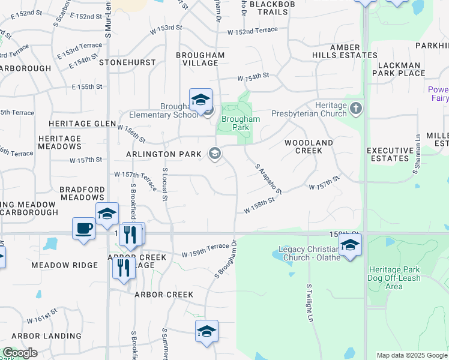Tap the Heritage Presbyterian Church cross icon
point(356,109)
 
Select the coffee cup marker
point(83,228)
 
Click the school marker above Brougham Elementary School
point(200,99)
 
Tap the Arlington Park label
point(163,154)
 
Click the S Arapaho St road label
point(268,178)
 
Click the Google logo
point(20,353)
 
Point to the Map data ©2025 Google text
point(411,355)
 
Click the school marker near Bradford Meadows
point(106,214)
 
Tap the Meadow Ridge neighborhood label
point(64,265)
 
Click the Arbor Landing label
point(46,336)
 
